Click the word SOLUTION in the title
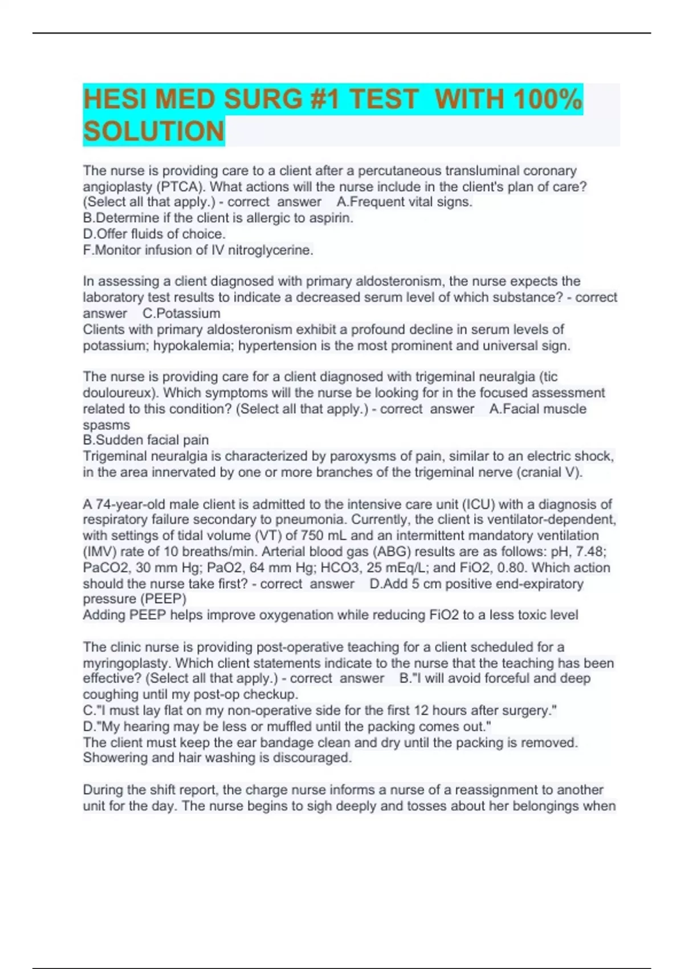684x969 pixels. [154, 131]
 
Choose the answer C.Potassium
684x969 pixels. [181, 313]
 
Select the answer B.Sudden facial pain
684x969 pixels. [146, 440]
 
